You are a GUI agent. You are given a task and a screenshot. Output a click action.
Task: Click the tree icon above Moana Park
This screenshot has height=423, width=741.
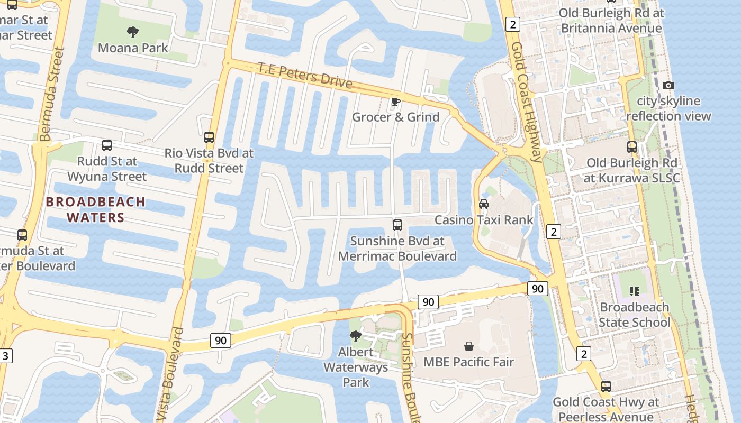(133, 32)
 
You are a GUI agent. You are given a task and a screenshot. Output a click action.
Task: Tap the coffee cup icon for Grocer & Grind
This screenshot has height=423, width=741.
(395, 102)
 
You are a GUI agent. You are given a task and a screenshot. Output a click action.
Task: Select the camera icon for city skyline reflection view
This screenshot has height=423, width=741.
(668, 85)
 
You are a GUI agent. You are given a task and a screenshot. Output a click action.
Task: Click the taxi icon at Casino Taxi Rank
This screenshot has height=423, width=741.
(483, 204)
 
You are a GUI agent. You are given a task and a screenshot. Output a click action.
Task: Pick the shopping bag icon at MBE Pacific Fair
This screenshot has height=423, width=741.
(469, 346)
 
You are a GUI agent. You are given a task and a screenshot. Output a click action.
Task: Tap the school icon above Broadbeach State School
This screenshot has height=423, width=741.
(634, 291)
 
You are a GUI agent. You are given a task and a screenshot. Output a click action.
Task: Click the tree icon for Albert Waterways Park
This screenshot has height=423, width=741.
(356, 336)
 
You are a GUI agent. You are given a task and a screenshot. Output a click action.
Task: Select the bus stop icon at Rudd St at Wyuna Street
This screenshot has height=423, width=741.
(107, 145)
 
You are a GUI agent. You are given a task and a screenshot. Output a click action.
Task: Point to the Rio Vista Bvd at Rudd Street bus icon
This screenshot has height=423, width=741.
(209, 137)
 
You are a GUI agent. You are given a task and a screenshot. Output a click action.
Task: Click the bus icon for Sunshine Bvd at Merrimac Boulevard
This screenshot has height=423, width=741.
(397, 225)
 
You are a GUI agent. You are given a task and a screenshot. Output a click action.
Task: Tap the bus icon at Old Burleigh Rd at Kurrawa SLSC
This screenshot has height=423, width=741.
(632, 147)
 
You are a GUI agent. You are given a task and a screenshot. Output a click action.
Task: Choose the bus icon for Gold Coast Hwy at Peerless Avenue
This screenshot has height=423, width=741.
(606, 387)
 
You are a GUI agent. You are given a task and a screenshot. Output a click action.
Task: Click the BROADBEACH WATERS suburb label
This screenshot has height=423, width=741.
(95, 209)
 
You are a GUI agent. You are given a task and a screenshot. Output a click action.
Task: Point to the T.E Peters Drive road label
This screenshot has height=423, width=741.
(305, 75)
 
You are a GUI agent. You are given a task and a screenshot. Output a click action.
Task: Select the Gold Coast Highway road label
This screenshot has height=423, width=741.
(527, 95)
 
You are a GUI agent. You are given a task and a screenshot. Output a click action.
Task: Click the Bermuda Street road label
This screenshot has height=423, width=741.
(52, 95)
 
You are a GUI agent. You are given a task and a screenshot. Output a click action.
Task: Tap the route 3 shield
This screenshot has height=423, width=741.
(5, 355)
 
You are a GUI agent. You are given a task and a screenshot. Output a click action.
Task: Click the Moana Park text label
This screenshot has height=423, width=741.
(133, 48)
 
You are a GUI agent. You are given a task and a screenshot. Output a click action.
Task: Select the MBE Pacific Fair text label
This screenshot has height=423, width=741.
(469, 362)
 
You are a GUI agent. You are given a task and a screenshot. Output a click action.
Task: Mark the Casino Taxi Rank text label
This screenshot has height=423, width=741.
(484, 220)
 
